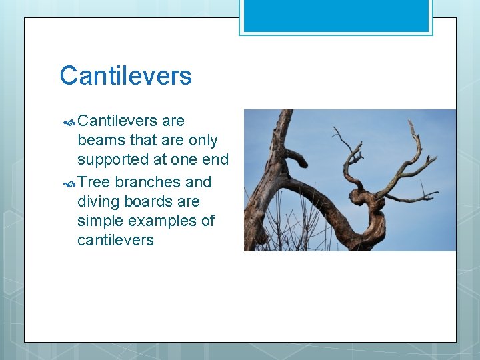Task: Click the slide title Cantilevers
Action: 125,76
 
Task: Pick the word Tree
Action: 93,182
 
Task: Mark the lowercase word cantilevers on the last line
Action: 115,240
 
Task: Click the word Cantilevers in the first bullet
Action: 117,121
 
